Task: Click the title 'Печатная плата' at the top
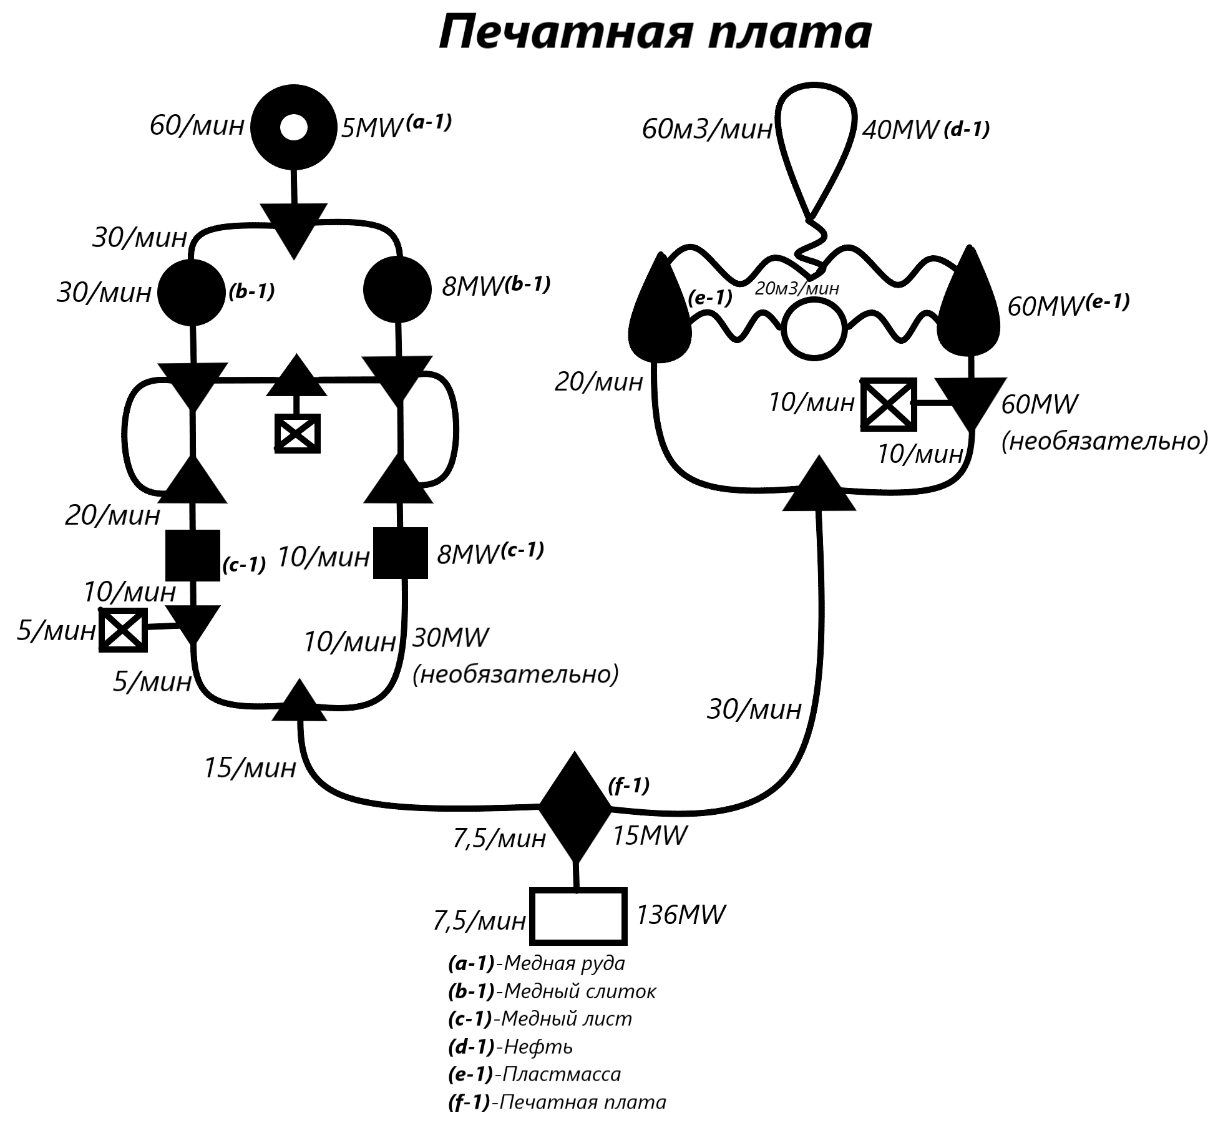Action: (655, 32)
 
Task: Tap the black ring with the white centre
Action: (294, 127)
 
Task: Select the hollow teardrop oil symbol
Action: (817, 143)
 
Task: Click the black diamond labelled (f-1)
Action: (575, 807)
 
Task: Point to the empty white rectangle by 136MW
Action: (578, 916)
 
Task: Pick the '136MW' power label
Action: (680, 915)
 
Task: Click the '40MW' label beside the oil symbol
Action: (900, 130)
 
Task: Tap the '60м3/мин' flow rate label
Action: (707, 130)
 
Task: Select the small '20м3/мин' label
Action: (797, 288)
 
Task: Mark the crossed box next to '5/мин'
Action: (123, 630)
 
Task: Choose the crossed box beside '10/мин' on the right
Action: (889, 404)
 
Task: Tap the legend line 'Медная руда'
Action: (537, 963)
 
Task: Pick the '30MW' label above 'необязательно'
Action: (451, 638)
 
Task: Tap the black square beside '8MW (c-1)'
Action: (400, 553)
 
